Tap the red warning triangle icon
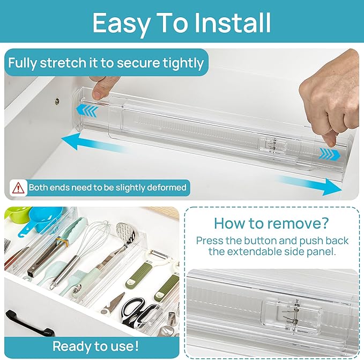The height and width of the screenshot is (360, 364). click(19, 188)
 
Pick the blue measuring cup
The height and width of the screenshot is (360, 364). click(34, 221)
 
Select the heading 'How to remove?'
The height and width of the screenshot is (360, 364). click(272, 223)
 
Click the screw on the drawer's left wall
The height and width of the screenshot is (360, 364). click(57, 100)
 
